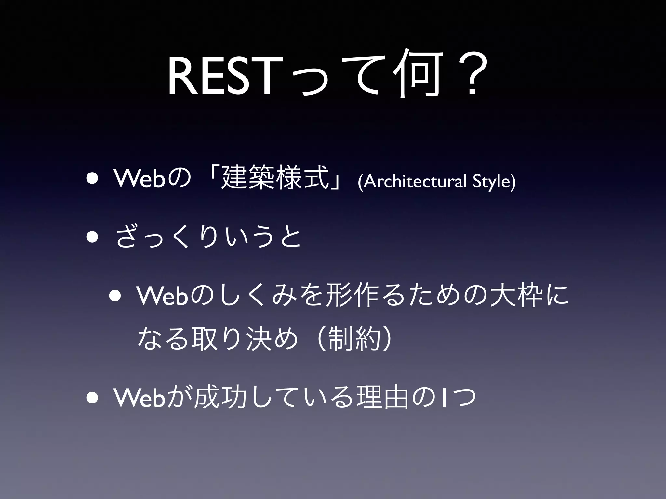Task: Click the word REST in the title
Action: pyautogui.click(x=220, y=78)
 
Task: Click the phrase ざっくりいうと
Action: pyautogui.click(x=208, y=237)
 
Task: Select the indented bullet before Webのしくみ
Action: pyautogui.click(x=116, y=296)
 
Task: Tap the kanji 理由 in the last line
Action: pyautogui.click(x=382, y=398)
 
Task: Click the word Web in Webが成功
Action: pyautogui.click(x=139, y=398)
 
